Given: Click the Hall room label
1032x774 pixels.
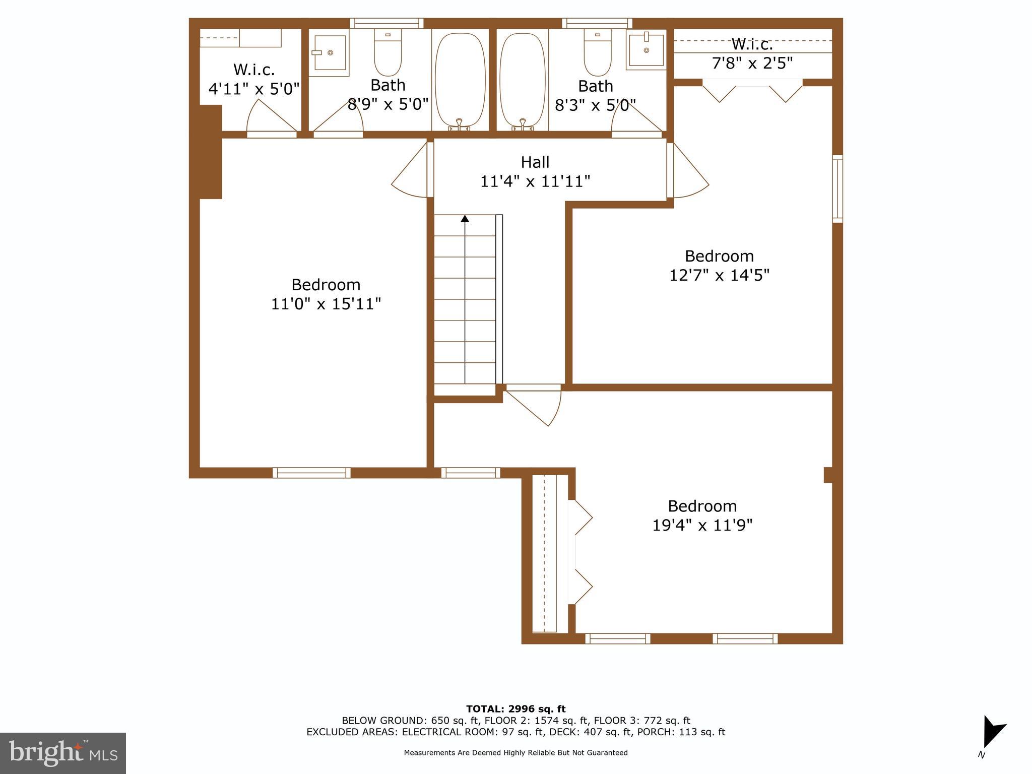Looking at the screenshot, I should (x=535, y=162).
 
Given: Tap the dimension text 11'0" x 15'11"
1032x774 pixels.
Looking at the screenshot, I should (x=326, y=304).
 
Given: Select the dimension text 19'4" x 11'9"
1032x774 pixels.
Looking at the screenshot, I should (x=702, y=525).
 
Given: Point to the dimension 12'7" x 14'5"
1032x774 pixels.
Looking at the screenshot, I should (x=719, y=275).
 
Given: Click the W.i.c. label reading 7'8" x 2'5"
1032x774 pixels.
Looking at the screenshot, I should (x=752, y=53).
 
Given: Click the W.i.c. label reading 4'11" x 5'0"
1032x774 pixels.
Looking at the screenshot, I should (x=254, y=79).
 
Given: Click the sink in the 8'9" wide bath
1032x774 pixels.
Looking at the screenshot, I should (x=329, y=52).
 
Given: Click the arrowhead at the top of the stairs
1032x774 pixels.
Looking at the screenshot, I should (x=465, y=219).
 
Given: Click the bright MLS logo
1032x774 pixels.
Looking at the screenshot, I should (x=62, y=753).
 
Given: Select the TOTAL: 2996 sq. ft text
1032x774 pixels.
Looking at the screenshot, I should (x=515, y=709).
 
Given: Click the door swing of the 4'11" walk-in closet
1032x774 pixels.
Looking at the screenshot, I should (x=270, y=117).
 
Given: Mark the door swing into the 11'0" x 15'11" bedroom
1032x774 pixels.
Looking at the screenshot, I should (x=411, y=171).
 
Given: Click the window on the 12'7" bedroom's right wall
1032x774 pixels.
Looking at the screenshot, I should (x=837, y=189).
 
